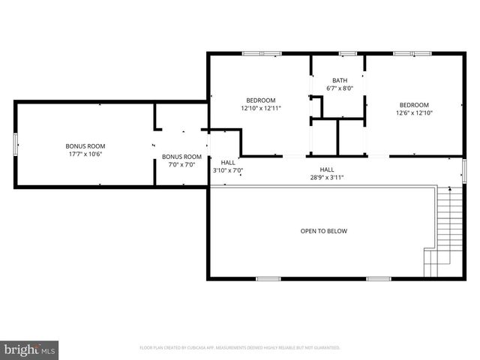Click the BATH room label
(x=340, y=80)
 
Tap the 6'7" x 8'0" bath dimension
(x=340, y=88)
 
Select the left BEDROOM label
(x=261, y=100)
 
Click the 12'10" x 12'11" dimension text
(x=261, y=109)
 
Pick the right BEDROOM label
(x=414, y=105)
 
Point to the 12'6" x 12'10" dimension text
(x=414, y=113)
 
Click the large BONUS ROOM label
(x=85, y=145)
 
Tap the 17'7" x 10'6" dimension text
(x=85, y=154)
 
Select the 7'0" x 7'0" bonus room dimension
(x=181, y=165)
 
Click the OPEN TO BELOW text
(x=324, y=231)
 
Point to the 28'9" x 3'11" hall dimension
(x=327, y=178)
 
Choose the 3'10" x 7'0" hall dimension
(x=228, y=170)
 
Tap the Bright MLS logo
(x=29, y=349)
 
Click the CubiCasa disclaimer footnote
(x=240, y=348)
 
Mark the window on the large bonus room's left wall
(x=15, y=144)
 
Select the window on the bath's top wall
(x=346, y=53)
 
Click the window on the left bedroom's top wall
(x=261, y=53)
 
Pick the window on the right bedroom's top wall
(x=412, y=53)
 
